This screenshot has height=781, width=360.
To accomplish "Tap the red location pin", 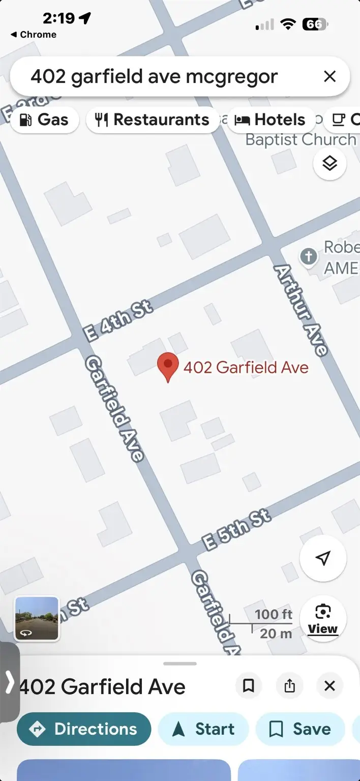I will (x=168, y=367).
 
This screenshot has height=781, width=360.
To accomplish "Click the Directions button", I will (x=84, y=729).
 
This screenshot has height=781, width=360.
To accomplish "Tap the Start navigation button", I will (x=203, y=729).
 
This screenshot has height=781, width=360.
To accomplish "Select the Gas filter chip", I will (x=44, y=120).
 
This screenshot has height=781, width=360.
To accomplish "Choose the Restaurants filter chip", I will (x=153, y=120).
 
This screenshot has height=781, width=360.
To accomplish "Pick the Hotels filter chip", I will (x=271, y=120).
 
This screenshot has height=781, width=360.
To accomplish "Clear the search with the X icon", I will (x=329, y=77).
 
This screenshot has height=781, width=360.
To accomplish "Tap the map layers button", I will (x=329, y=164).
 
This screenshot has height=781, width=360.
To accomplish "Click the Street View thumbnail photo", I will (x=37, y=618).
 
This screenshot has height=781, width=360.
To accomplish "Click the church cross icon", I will (x=309, y=256).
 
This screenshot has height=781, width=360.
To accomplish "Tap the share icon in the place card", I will (x=290, y=686).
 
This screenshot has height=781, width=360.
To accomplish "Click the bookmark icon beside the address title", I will (x=249, y=686).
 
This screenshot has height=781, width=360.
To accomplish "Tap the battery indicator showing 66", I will (x=315, y=24).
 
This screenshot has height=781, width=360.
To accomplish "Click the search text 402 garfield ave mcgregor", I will (x=154, y=77).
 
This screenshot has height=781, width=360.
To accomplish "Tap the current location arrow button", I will (x=323, y=558).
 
